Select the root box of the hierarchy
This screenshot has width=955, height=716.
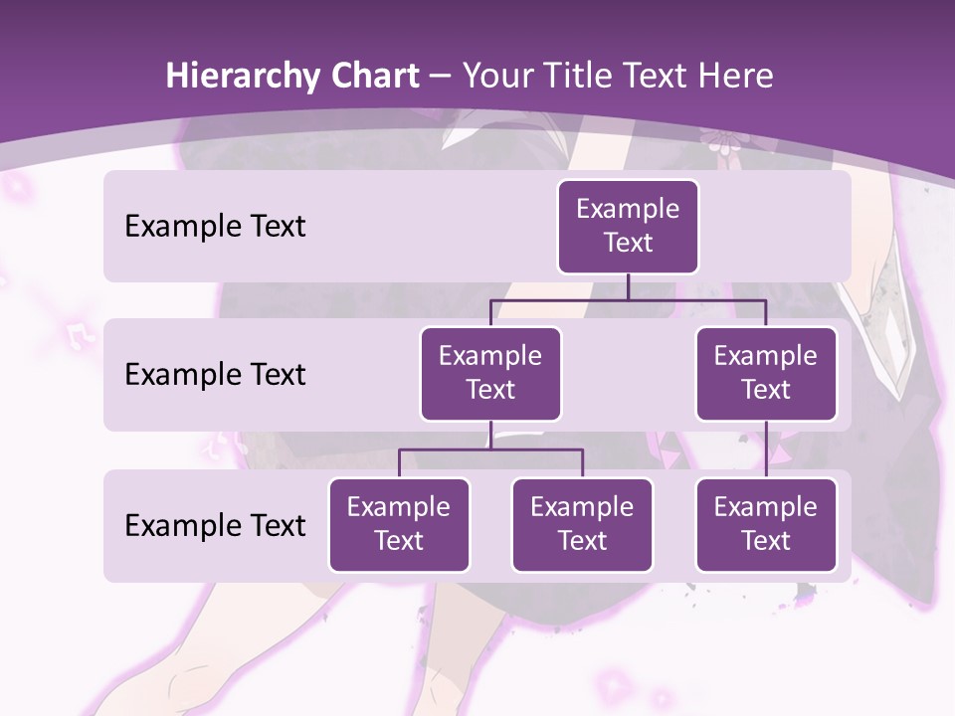[x=628, y=226]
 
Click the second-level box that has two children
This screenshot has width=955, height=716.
[x=490, y=373]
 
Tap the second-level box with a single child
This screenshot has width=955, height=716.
[x=766, y=373]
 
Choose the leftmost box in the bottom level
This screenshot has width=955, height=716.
[x=399, y=524]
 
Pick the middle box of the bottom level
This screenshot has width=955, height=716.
[x=582, y=524]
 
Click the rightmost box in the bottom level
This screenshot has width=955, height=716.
[x=766, y=524]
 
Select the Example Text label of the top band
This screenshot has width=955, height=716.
[x=215, y=226]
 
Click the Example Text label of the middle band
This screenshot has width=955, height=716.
[x=215, y=374]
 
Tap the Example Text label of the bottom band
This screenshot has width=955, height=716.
[x=215, y=525]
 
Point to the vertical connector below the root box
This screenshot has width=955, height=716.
[x=628, y=286]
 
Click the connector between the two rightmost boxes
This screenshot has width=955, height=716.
[x=766, y=449]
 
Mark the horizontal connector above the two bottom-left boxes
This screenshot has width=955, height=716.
[x=490, y=449]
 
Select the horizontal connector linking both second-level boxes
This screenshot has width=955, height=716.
[x=628, y=299]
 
